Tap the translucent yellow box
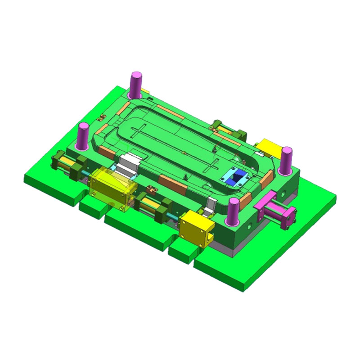109,186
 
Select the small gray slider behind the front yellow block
208,206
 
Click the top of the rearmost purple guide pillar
136,75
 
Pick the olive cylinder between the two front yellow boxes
153,208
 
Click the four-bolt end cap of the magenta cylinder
291,218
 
